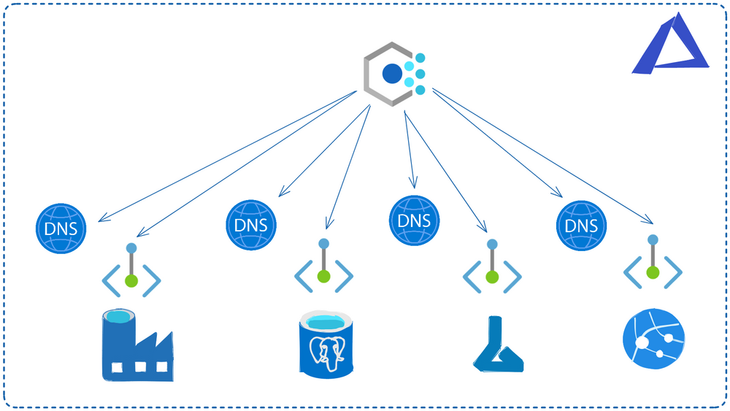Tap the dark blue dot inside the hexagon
click(392, 73)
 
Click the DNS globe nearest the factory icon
click(61, 228)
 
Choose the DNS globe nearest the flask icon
click(415, 220)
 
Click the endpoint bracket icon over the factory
click(131, 270)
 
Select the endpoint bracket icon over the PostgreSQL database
click(323, 267)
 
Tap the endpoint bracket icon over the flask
click(492, 267)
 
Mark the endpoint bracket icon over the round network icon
click(653, 264)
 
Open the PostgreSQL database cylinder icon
click(326, 342)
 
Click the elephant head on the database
click(326, 353)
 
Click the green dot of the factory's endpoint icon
click(131, 280)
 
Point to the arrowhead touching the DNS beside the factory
click(101, 217)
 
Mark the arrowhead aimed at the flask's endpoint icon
click(483, 228)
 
